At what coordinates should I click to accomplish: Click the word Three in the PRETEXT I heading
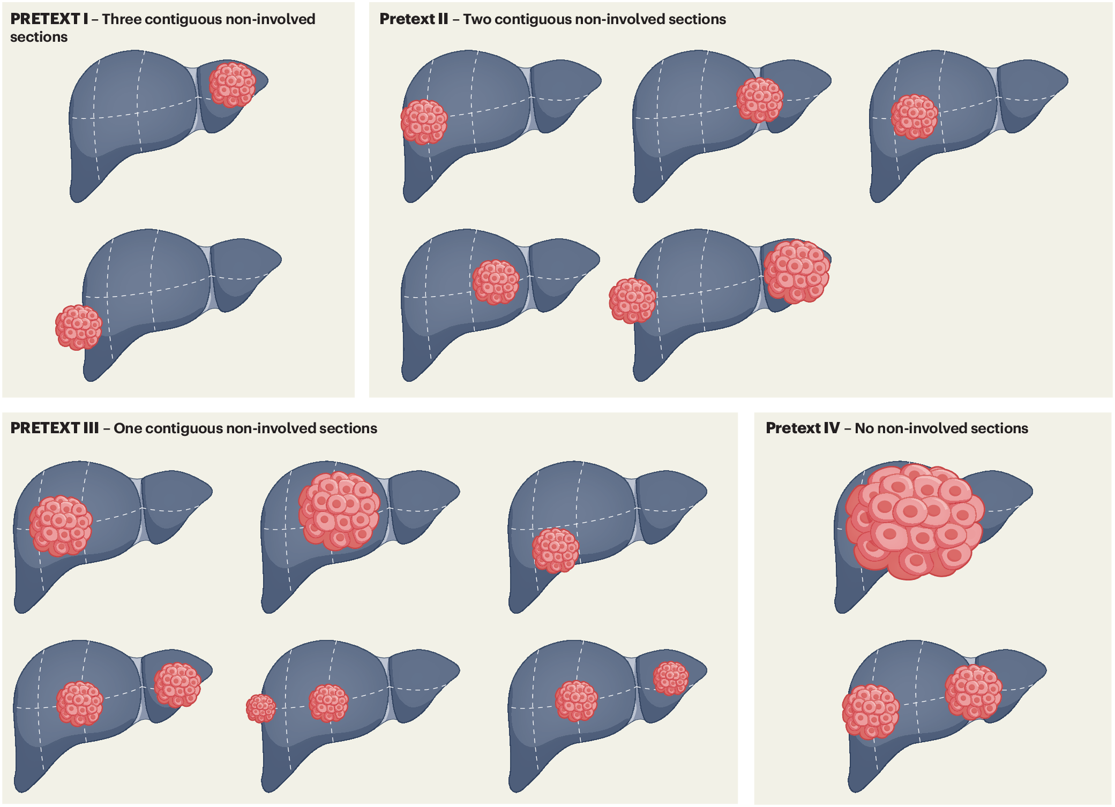122,19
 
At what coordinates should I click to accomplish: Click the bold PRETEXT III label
54,428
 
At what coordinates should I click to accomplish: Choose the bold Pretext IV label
802,428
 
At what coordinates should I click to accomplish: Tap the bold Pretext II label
413,19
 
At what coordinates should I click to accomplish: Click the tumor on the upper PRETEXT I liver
232,85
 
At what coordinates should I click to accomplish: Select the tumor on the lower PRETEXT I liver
79,327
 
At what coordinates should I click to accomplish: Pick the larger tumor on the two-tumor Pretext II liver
797,271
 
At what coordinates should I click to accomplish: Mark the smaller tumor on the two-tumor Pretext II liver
632,300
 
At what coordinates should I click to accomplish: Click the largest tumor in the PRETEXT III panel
339,510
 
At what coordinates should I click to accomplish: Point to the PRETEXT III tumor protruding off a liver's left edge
261,708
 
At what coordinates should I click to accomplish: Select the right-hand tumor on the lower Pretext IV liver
973,692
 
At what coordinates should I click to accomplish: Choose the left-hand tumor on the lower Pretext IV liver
870,712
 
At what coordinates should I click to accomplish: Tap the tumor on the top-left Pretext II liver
424,122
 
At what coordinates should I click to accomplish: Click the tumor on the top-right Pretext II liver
914,117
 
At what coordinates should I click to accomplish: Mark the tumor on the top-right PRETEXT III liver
556,550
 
